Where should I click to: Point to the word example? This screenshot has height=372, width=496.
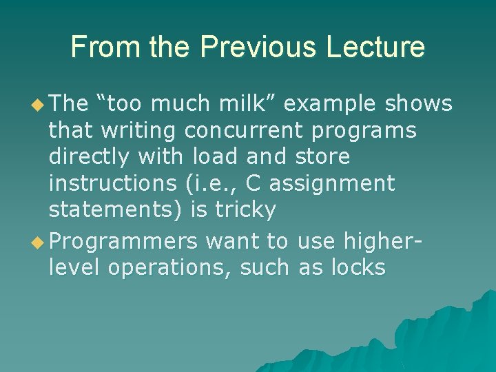point(329,104)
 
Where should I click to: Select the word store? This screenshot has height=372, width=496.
point(322,156)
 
